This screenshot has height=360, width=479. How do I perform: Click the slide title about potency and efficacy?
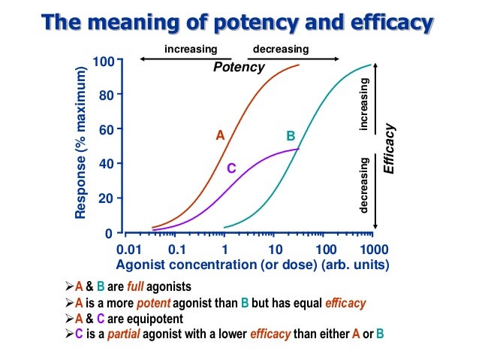pos(239,23)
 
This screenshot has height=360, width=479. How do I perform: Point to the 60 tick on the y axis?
pos(106,129)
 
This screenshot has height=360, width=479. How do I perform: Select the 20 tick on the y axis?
pos(106,198)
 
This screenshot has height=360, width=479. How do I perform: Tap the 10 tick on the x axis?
pos(275,249)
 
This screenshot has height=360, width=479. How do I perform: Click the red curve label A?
pos(220,135)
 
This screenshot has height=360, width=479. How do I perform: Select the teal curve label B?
pos(291,136)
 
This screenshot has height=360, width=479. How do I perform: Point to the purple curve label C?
pos(231,169)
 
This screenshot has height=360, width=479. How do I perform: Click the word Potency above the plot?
pos(239,67)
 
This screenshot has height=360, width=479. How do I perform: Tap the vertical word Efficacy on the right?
pos(389,148)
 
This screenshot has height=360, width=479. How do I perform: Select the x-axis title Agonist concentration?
pos(252,265)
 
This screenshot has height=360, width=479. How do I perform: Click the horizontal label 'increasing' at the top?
pos(191,50)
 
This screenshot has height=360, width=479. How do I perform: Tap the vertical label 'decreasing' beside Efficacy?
pos(365,185)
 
